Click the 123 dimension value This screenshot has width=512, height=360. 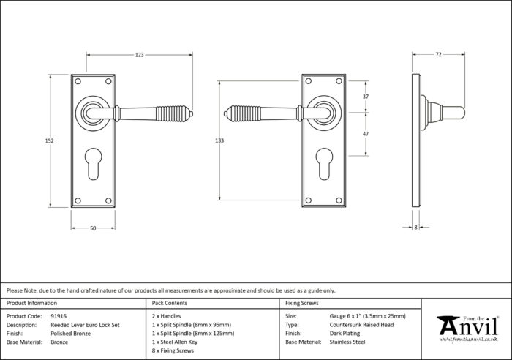click(140, 55)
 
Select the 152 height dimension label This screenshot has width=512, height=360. click(49, 140)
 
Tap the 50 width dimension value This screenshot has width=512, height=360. click(93, 228)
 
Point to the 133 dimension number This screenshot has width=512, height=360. click(219, 140)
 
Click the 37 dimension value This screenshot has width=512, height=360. click(366, 97)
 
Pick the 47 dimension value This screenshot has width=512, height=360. click(366, 134)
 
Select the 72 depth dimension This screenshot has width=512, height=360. click(438, 55)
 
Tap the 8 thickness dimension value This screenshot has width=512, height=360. click(415, 228)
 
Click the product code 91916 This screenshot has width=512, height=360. click(59, 316)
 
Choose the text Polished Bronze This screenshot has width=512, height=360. click(71, 334)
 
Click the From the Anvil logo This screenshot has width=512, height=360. click(468, 329)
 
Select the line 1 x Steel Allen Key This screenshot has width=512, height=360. click(175, 342)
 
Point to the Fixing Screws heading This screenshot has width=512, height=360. click(301, 303)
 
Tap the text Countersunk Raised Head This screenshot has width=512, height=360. click(361, 325)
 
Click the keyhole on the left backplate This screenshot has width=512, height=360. click(93, 164)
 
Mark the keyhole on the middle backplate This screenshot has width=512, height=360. click(325, 164)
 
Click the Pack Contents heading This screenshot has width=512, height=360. click(170, 303)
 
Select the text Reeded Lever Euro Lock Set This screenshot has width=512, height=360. click(86, 325)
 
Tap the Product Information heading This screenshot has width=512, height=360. click(31, 303)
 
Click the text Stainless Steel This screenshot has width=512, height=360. click(347, 342)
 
